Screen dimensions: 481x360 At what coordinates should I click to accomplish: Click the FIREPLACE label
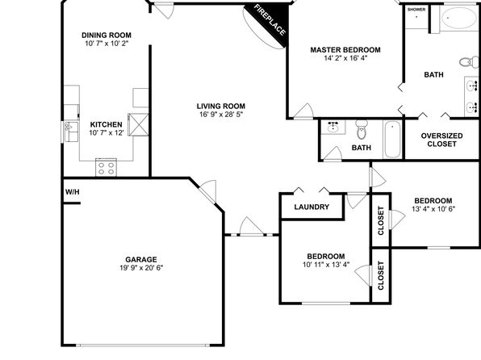[x=270, y=20]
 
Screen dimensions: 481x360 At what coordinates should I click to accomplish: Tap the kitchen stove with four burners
[x=106, y=167]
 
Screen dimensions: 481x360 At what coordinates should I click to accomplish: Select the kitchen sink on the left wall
[x=71, y=132]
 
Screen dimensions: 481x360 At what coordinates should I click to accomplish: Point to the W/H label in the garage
[x=73, y=192]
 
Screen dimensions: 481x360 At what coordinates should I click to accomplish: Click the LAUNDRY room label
[x=312, y=207]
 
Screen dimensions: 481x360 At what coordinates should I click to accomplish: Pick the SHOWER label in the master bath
[x=416, y=10]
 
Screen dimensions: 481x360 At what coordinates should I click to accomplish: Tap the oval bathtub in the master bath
[x=458, y=18]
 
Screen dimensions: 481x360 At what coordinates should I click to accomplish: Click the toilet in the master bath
[x=469, y=62]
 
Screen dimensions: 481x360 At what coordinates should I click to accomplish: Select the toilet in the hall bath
[x=362, y=130]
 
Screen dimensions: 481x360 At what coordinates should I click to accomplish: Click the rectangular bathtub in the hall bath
[x=392, y=140]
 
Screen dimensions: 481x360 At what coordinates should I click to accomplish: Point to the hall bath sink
[x=333, y=127]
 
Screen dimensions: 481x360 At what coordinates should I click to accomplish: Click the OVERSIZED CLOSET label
[x=441, y=140]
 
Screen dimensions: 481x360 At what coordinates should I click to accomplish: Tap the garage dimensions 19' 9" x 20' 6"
[x=141, y=268]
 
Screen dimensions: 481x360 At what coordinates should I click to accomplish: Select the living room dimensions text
[x=221, y=115]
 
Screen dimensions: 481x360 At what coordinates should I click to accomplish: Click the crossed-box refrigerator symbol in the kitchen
[x=138, y=124]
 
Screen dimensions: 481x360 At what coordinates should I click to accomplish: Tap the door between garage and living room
[x=207, y=191]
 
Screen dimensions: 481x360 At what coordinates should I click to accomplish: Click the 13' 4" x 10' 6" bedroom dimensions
[x=433, y=209]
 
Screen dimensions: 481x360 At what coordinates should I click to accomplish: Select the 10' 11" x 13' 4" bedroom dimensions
[x=326, y=265]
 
